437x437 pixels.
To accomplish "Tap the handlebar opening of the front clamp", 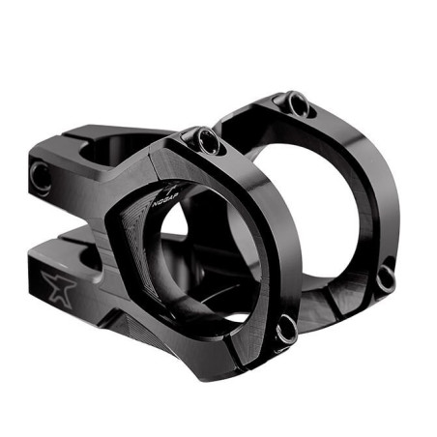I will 208,261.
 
